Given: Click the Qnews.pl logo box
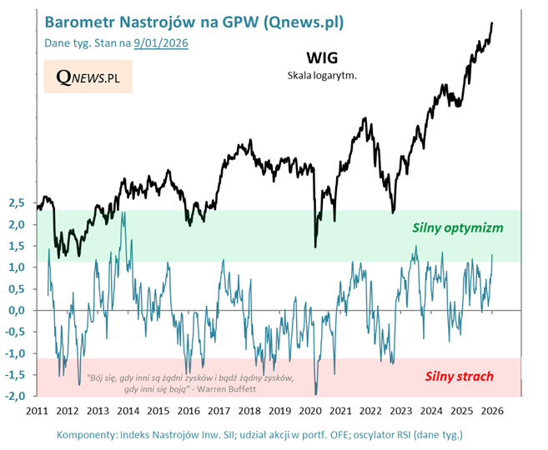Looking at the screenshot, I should click(x=88, y=77).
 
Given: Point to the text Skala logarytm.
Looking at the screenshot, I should click(x=321, y=76).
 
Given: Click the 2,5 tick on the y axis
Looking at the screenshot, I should click(x=17, y=203).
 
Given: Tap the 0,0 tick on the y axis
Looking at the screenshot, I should click(x=17, y=311).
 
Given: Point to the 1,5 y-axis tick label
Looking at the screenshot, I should click(x=17, y=247).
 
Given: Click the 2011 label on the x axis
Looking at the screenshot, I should click(x=37, y=411).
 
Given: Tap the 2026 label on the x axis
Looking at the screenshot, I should click(x=491, y=411).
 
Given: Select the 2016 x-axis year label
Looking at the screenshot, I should click(x=189, y=411).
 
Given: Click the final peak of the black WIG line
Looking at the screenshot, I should click(x=492, y=23).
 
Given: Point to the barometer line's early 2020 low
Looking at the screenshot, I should click(x=315, y=394).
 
